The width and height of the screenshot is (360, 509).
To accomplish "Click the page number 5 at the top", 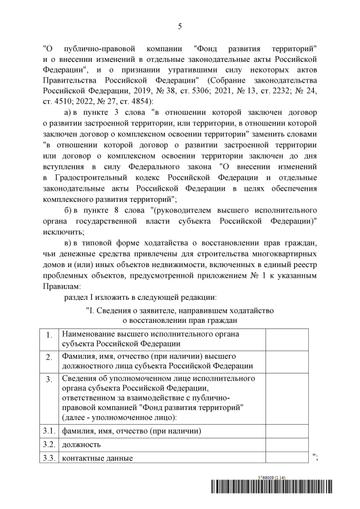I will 180,26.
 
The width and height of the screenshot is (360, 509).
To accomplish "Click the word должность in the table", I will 82,444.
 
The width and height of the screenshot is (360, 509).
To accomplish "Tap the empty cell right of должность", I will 286,444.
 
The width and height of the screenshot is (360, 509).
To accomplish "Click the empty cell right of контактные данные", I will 286,458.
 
